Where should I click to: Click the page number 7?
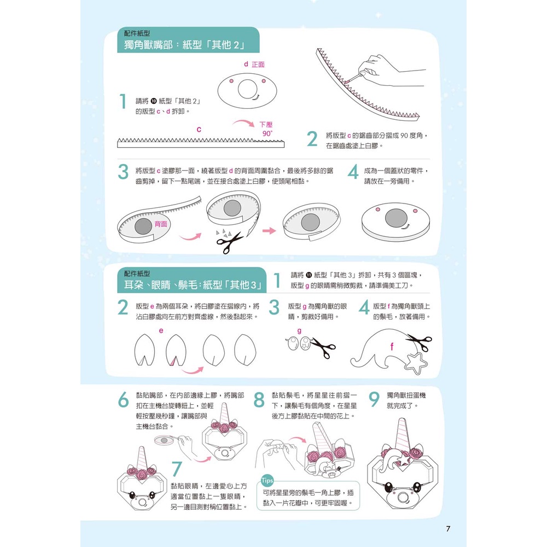click(x=448, y=528)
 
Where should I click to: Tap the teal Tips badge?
click(x=267, y=480)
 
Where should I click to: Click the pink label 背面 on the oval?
click(x=161, y=224)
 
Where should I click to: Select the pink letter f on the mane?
click(x=392, y=346)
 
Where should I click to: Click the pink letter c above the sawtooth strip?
click(x=199, y=130)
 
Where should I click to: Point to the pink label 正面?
click(x=258, y=65)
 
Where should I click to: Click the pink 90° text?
click(x=267, y=133)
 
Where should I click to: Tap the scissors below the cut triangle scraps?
click(x=229, y=242)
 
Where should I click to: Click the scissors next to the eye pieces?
click(x=323, y=347)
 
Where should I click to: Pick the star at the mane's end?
click(x=416, y=363)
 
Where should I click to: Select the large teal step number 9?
click(x=374, y=400)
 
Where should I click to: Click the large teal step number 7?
click(x=177, y=469)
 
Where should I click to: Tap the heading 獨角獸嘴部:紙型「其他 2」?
click(x=184, y=45)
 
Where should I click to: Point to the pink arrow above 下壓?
click(x=243, y=123)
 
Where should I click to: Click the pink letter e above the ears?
click(x=161, y=330)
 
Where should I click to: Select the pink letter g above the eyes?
click(x=299, y=330)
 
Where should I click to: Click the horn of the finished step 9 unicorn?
click(x=403, y=435)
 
